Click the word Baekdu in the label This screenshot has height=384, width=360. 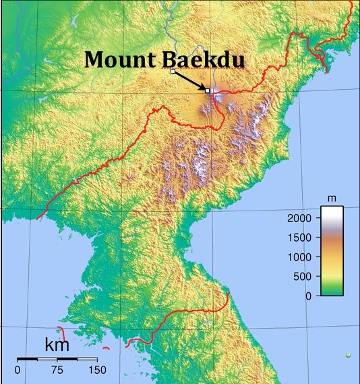202,59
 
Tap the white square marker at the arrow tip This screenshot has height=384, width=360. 208,90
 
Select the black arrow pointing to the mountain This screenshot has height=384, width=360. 191,80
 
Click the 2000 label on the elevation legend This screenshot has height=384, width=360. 299,219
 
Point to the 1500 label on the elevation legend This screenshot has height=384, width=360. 299,238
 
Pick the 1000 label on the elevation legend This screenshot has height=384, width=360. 299,257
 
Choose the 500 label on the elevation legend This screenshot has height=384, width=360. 303,276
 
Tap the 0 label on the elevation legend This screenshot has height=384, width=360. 309,296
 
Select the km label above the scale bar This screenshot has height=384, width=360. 57,345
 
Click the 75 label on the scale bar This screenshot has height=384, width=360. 57,370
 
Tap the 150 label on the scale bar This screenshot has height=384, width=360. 97,370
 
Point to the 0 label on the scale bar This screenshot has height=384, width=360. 17,370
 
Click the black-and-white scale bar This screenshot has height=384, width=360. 57,358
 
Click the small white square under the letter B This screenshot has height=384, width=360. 173,71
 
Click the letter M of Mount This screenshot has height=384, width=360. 95,59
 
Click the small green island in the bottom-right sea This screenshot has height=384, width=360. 348,354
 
